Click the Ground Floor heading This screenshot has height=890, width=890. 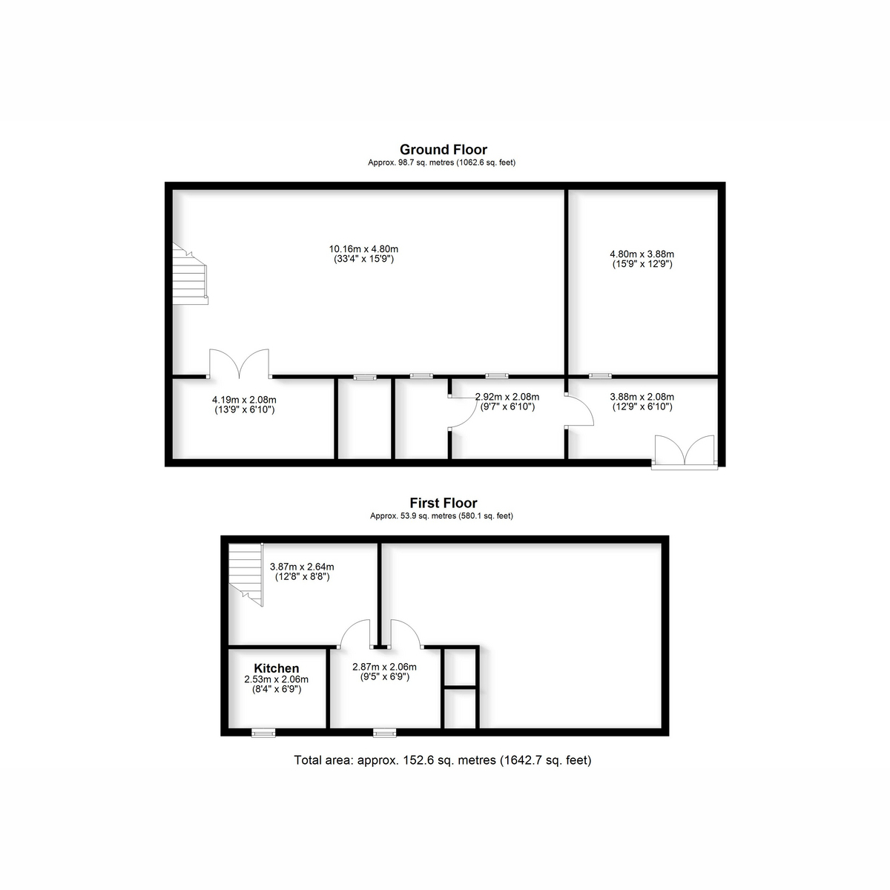tap(443, 150)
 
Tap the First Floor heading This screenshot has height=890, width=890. tap(444, 503)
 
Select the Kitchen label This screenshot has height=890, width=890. tap(276, 668)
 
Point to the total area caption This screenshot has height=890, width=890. tap(443, 759)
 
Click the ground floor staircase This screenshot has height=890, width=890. tap(190, 274)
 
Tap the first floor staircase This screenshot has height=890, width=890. tap(246, 575)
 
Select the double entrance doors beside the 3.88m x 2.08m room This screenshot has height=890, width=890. tap(685, 452)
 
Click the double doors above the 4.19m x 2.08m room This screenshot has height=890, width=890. tap(240, 364)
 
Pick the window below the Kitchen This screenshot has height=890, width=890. tap(263, 733)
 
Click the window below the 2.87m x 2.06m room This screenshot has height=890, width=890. tap(385, 733)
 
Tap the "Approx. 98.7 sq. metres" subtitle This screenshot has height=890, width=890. tap(441, 162)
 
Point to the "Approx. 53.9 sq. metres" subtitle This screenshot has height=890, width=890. tap(441, 516)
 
